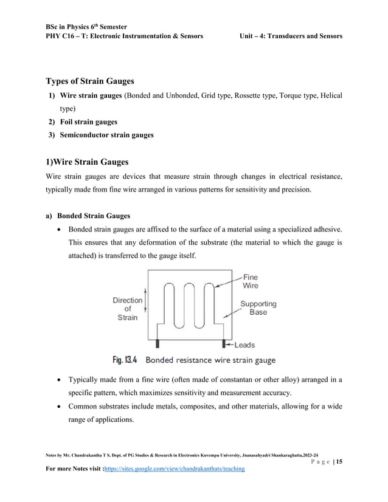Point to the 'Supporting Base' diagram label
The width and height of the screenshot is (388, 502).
[258, 308]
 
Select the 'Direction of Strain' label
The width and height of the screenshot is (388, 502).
[127, 309]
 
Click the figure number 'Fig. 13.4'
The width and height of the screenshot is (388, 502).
[125, 360]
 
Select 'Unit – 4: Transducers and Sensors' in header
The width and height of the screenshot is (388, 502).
[291, 36]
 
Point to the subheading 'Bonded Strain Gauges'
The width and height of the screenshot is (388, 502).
[93, 215]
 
